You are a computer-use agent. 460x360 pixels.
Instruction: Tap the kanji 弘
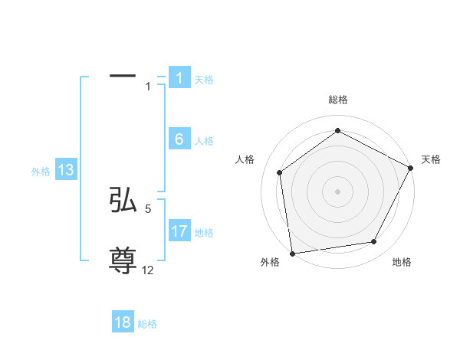click(x=123, y=200)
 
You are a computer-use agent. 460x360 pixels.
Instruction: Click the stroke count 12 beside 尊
click(x=148, y=270)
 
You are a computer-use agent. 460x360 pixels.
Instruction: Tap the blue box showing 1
click(x=179, y=78)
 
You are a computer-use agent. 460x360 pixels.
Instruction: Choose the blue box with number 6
click(x=179, y=139)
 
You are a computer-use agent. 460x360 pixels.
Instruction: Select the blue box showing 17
click(x=179, y=231)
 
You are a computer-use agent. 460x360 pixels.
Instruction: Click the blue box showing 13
click(x=66, y=171)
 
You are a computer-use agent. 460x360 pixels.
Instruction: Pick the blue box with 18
click(x=123, y=322)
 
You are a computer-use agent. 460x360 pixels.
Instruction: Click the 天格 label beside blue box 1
click(x=204, y=80)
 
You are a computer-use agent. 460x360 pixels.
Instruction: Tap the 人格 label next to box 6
click(x=204, y=141)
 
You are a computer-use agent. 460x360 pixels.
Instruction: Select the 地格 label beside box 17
click(x=204, y=233)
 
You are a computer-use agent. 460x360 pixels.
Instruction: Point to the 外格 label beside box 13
click(x=41, y=172)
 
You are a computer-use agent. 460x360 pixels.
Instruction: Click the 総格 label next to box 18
click(x=147, y=324)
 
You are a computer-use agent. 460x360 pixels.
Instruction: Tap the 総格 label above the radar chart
click(x=337, y=100)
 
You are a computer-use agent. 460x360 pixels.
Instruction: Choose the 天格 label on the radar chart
click(x=431, y=159)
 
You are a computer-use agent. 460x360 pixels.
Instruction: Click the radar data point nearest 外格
click(x=292, y=253)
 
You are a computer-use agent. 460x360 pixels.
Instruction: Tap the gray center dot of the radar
click(x=337, y=191)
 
